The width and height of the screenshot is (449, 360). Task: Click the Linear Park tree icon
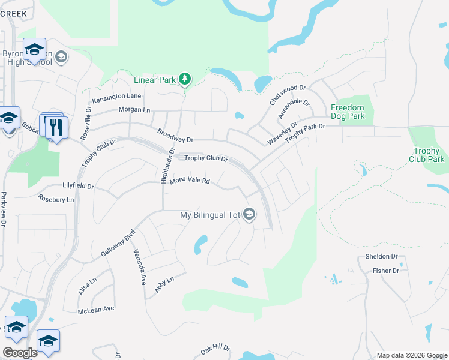pos(185,79)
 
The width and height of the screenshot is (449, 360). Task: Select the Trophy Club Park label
pos(427,155)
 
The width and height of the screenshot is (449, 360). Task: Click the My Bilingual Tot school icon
pos(249,214)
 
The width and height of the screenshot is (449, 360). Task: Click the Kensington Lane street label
pos(116,96)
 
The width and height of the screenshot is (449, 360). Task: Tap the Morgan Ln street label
pos(134,110)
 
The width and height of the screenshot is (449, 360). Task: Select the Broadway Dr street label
pos(175,135)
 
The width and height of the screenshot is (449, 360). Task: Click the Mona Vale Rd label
pos(190,181)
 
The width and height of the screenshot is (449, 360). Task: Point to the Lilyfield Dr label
pos(78,187)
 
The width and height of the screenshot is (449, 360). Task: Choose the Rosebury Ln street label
pos(56,199)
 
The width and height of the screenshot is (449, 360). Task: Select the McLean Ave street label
pos(96,310)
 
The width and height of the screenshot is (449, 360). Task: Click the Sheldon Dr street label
pos(382,257)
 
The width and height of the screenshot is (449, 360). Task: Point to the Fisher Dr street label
pos(385,271)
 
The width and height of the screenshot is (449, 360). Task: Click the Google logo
pos(20,353)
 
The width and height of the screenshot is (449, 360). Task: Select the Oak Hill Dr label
pos(215,348)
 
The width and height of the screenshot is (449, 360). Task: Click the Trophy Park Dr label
pos(305,133)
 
